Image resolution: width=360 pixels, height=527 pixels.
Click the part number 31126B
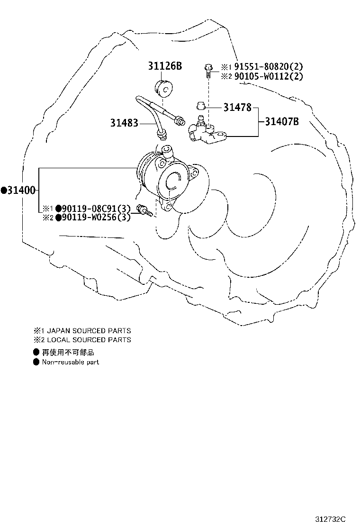point(165,66)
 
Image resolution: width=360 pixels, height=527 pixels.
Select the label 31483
point(124,123)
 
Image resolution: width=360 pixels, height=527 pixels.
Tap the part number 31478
point(237,108)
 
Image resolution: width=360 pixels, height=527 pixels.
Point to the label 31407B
point(282,121)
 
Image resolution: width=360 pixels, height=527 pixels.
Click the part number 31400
point(21,191)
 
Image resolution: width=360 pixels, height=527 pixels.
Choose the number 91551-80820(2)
point(269,66)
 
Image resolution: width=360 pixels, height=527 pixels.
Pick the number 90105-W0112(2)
point(269,76)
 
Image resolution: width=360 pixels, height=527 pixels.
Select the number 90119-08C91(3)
point(96,209)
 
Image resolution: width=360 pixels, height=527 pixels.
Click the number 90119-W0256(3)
point(96,217)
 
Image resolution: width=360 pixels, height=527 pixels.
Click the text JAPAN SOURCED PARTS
point(89,331)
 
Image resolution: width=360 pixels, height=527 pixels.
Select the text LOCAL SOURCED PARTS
point(89,340)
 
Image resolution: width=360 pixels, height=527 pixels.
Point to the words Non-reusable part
point(71,362)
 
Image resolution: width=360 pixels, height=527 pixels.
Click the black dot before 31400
point(4,191)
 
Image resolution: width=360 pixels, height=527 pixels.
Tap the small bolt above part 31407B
point(209,71)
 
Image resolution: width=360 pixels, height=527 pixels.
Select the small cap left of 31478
point(201,106)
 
